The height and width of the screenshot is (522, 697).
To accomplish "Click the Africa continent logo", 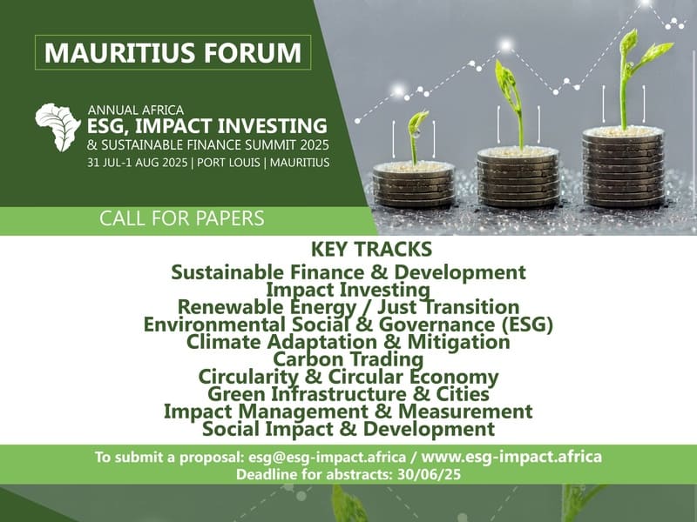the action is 58,126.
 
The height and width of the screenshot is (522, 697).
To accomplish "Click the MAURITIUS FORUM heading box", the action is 173,52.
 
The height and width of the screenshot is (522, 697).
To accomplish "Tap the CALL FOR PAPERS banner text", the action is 182,218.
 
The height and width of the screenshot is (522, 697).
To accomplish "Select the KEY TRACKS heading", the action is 371,249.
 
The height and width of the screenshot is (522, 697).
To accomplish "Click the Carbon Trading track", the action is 348,358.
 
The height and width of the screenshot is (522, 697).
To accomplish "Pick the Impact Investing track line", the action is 348,290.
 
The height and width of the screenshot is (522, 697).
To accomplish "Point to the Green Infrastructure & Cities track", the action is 348,394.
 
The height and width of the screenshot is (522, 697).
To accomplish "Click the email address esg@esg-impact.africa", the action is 328,457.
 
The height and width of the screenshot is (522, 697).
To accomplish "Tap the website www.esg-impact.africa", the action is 511,456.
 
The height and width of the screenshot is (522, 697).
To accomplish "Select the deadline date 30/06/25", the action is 429,474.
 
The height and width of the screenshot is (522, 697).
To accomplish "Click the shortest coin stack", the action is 413,184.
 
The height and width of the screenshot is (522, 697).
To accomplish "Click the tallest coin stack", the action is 623,166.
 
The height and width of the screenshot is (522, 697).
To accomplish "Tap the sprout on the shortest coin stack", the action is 416,136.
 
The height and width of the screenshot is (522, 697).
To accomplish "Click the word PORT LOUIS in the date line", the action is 228,163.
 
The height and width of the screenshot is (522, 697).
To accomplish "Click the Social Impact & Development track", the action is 348,429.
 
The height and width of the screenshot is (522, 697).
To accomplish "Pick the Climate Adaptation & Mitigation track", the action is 348,342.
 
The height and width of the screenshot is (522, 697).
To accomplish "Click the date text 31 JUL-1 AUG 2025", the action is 137,163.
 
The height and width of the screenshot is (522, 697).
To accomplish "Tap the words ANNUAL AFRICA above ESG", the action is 136,110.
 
